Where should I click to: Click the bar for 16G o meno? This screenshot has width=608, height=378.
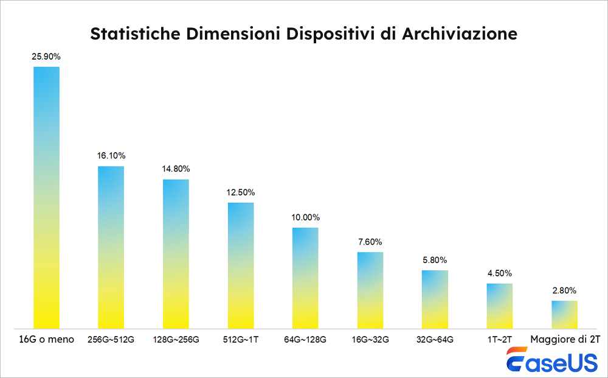click(46, 197)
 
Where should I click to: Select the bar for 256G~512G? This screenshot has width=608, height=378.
click(111, 247)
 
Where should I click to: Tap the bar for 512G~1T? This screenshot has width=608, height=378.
click(241, 265)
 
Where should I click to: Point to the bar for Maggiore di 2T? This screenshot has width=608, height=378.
click(564, 314)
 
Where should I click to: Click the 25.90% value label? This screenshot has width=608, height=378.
click(46, 57)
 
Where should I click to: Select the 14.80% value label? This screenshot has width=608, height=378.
click(176, 169)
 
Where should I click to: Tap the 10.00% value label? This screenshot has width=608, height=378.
click(305, 217)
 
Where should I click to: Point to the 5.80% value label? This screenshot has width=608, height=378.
click(435, 260)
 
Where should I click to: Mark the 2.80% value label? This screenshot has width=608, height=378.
click(564, 290)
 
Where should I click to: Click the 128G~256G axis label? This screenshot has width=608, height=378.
click(176, 340)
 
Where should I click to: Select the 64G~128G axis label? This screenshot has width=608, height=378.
click(305, 340)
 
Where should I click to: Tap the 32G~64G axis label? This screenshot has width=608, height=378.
click(435, 340)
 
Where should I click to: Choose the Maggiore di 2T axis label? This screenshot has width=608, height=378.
click(564, 340)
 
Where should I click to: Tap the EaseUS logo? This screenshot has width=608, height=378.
click(551, 361)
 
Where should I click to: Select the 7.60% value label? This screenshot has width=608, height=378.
click(370, 242)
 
